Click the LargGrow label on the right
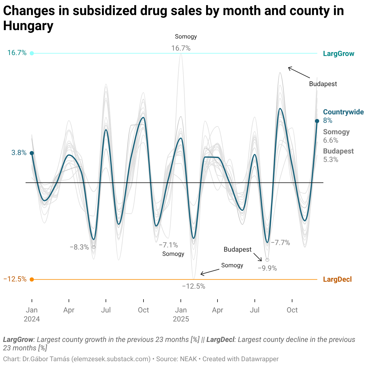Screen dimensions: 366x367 click(x=338, y=54)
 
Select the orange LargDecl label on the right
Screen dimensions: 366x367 click(x=337, y=279)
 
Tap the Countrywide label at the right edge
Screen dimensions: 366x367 click(x=343, y=112)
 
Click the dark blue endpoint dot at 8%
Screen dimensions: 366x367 click(x=317, y=121)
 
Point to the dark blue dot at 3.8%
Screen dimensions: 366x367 click(x=32, y=153)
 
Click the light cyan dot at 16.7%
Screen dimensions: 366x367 click(x=32, y=53)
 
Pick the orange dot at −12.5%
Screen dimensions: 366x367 click(x=32, y=279)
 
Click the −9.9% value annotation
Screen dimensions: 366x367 click(x=267, y=268)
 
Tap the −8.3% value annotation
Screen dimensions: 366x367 click(x=79, y=247)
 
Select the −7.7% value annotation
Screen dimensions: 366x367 click(x=280, y=243)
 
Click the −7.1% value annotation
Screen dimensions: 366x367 click(x=168, y=245)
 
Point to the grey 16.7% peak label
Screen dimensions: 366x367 click(x=181, y=48)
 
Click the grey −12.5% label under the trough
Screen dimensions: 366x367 click(x=194, y=287)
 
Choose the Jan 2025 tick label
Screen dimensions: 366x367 click(x=181, y=314)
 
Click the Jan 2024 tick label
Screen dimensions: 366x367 click(x=32, y=314)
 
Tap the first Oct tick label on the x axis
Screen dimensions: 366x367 click(x=143, y=310)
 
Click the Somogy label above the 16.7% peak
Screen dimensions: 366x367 click(x=186, y=37)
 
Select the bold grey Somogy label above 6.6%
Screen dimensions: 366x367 click(x=336, y=132)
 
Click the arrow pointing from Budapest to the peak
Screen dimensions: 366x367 click(x=299, y=73)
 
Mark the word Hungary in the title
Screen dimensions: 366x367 click(x=28, y=26)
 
